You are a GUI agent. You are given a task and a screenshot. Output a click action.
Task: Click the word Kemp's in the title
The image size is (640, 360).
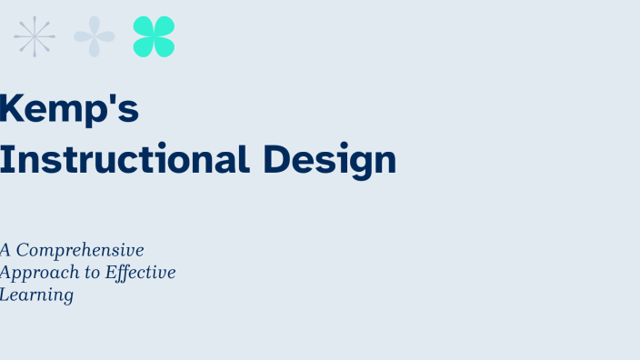click(x=69, y=109)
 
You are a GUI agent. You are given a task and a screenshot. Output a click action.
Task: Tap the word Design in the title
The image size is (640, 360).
click(x=330, y=161)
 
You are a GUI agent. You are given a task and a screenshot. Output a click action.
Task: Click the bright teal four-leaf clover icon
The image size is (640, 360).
click(x=154, y=36)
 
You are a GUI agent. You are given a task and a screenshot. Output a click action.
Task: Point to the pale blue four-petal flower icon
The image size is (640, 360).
click(x=95, y=36)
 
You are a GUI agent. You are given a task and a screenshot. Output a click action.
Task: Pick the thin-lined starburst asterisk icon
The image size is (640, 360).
click(x=35, y=36)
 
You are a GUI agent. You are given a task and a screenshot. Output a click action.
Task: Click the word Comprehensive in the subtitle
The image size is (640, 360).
click(x=80, y=250)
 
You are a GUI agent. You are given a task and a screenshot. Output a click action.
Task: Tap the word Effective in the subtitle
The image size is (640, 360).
click(x=141, y=273)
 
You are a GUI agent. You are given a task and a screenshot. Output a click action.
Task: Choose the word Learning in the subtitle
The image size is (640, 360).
click(x=36, y=295)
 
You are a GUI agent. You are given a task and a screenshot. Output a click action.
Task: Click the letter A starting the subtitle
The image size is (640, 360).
click(x=5, y=249)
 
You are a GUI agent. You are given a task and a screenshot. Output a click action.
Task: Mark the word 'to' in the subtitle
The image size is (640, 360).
click(x=88, y=273)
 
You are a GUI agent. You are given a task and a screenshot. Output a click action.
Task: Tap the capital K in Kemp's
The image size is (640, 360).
click(x=10, y=108)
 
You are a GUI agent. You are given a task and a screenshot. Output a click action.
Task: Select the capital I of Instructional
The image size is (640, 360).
click(x=5, y=159)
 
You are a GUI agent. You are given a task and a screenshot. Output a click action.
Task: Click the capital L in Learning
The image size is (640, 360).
click(x=5, y=295)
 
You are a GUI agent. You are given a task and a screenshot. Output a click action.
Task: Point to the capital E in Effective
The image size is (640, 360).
click(x=112, y=272)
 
